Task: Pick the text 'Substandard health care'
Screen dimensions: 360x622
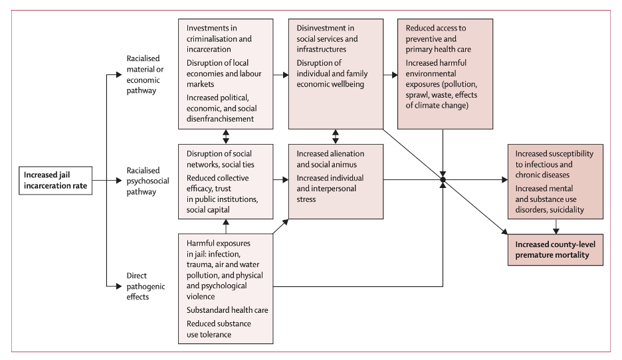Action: coord(227,310)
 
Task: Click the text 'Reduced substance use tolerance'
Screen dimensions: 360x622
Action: coord(219,328)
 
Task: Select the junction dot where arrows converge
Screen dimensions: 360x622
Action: coord(443,180)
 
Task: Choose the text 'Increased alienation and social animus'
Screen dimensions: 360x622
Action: coord(330,159)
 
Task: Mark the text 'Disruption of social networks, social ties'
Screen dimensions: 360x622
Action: coord(220,159)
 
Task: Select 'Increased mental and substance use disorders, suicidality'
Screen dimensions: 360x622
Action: coord(550,199)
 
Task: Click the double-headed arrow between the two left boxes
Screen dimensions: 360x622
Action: coord(226,136)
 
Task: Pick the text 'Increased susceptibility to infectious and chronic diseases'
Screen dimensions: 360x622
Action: coord(554,164)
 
